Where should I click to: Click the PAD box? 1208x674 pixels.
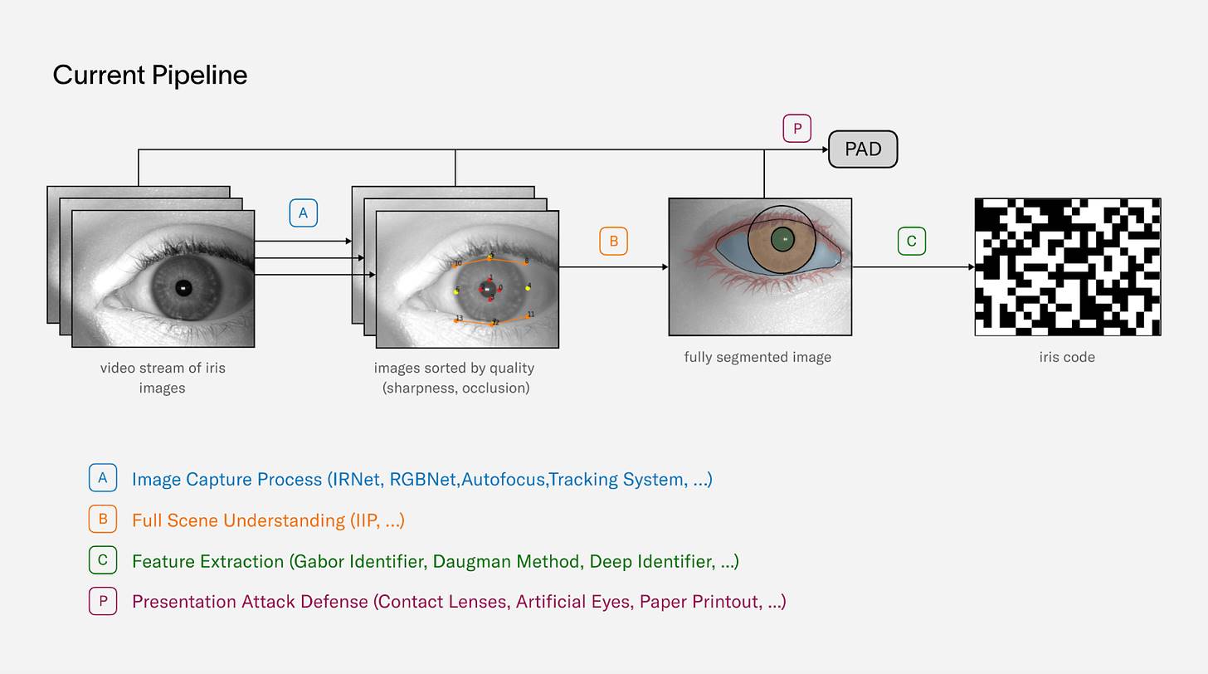click(x=863, y=149)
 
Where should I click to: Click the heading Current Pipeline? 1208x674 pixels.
click(x=150, y=76)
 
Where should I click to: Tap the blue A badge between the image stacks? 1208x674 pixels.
click(x=303, y=213)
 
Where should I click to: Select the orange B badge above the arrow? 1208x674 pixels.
click(x=613, y=242)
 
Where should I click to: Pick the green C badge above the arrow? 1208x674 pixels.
click(x=911, y=242)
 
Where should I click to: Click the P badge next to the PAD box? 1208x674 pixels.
click(x=796, y=129)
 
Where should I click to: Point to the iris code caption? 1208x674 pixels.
click(x=1067, y=358)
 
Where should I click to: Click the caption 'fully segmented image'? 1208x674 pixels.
click(x=757, y=358)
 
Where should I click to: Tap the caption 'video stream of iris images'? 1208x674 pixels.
click(x=163, y=378)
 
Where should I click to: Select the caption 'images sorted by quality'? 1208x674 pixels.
click(x=455, y=369)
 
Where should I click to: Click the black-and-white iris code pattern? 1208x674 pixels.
click(x=1067, y=266)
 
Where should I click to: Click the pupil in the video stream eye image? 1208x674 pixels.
click(x=183, y=288)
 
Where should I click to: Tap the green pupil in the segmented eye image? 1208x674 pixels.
click(x=782, y=240)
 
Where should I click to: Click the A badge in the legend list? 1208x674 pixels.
click(x=103, y=478)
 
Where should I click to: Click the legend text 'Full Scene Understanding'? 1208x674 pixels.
click(x=238, y=520)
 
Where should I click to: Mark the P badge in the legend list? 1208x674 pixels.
click(x=103, y=601)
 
